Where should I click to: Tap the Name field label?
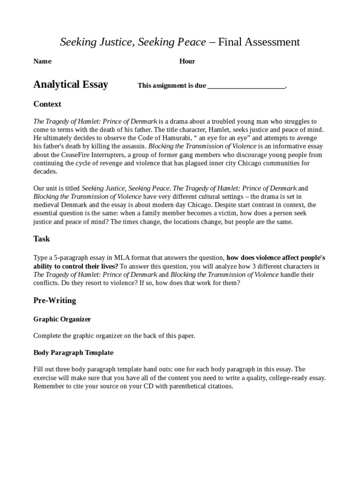(42, 61)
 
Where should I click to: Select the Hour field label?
(187, 61)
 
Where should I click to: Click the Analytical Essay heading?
(70, 84)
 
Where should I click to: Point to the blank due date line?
(246, 86)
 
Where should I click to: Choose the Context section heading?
(47, 104)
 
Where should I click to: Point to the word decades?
(45, 172)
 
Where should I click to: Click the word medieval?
(48, 205)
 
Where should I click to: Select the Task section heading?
(41, 239)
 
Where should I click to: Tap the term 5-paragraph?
(68, 258)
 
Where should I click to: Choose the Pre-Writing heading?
(54, 300)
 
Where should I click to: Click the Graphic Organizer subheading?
(62, 319)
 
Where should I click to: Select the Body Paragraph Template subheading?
(73, 352)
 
